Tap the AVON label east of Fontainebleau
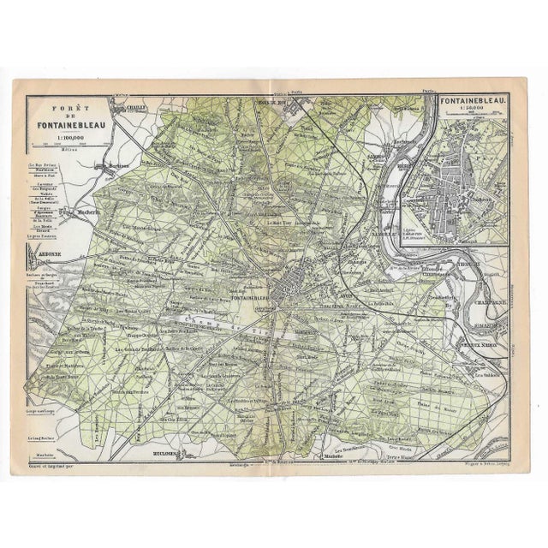[x=323, y=292]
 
